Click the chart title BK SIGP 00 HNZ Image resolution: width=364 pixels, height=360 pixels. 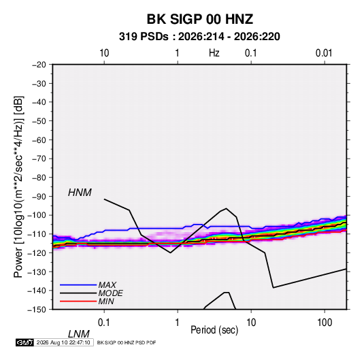coord(199,19)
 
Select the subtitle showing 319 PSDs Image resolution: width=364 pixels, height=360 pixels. coord(199,37)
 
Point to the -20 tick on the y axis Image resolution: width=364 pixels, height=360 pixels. coord(39,65)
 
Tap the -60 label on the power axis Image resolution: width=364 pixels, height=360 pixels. coord(39,140)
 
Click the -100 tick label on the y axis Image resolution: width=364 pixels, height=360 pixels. coord(37,215)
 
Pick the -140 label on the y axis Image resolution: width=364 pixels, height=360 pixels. coord(37,291)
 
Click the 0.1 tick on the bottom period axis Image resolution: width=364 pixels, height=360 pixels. coord(104,323)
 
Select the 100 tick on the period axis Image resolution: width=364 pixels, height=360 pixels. coord(325,323)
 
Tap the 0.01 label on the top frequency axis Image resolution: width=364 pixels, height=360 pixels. coord(324,53)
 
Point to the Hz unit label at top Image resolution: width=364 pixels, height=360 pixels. coord(214,53)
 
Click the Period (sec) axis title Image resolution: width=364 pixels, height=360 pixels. coord(214,330)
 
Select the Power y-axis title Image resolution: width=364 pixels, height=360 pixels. coord(18,187)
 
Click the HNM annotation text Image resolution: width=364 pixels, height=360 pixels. coord(80,193)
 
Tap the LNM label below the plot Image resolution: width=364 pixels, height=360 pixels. coord(79,334)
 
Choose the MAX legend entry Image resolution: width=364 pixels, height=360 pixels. coord(107,285)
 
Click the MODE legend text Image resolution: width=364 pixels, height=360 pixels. coord(110,293)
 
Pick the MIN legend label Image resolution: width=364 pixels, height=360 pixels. coord(106,301)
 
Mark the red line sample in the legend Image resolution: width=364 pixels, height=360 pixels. coord(78,301)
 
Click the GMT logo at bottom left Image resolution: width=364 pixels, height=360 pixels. coord(24,342)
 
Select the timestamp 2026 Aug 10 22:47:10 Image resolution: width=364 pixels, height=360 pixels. coord(63,342)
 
